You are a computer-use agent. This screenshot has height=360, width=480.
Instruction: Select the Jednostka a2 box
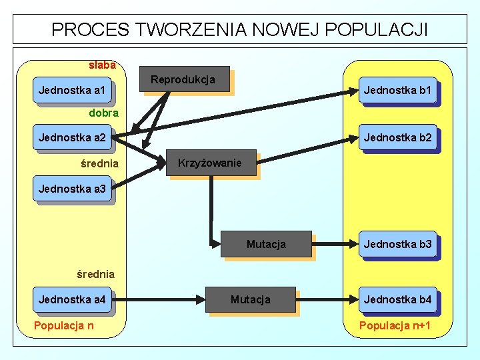point(72,139)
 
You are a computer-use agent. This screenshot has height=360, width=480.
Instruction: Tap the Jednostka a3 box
point(72,189)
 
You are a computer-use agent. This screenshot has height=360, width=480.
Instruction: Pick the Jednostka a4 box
point(72,300)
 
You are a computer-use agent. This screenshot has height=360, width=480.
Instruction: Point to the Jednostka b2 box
point(398,139)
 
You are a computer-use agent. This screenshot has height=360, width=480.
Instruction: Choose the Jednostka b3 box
point(398,244)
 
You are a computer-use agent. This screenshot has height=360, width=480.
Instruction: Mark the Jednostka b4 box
point(398,300)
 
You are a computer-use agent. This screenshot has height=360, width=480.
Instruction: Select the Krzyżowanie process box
point(211,163)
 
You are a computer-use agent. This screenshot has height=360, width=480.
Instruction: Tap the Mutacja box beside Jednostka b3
point(267,244)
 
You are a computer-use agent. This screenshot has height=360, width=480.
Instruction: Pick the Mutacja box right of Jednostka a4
point(251,300)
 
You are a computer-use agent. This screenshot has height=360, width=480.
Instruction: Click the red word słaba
point(102,65)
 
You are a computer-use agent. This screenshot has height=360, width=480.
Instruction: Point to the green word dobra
point(104,113)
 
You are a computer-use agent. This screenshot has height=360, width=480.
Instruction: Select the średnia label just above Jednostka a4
point(95,274)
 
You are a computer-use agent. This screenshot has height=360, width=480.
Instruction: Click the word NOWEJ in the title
point(290,30)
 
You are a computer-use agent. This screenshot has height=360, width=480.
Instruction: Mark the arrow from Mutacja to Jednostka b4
point(327,300)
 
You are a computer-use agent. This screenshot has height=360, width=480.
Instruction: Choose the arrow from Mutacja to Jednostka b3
point(335,244)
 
